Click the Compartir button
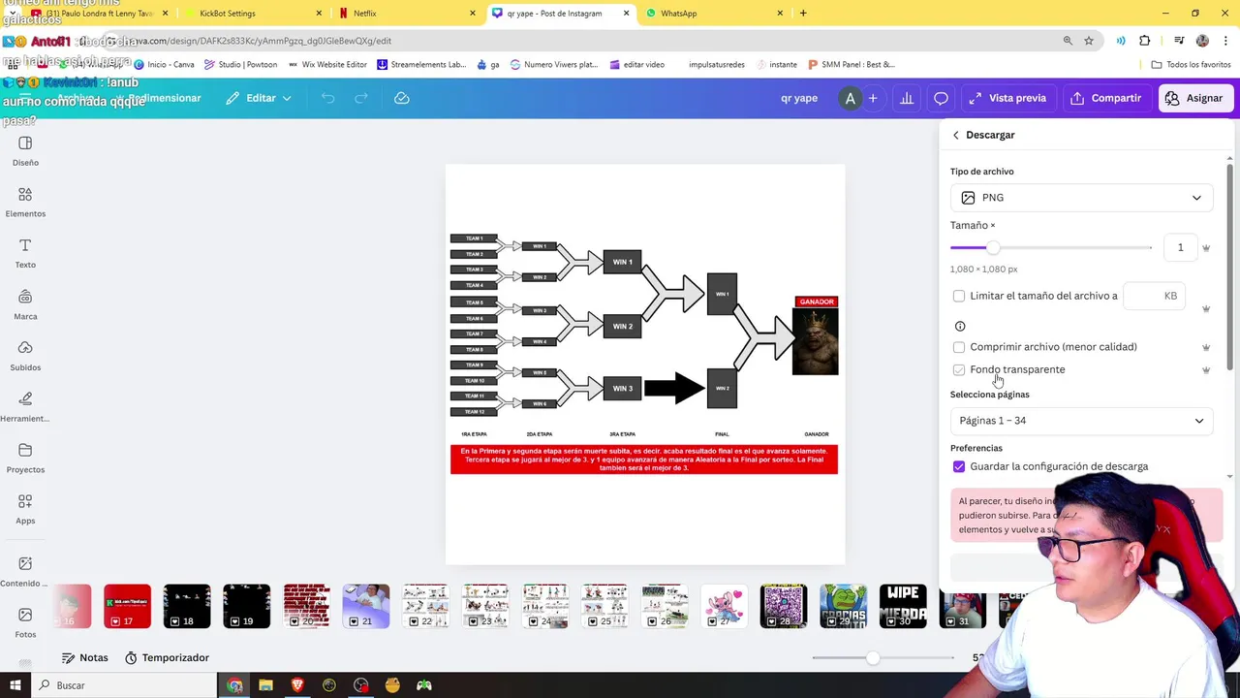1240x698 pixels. tap(1105, 98)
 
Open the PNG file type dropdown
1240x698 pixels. tap(1080, 198)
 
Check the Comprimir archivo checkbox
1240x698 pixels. tap(959, 347)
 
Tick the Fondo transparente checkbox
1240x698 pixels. tap(959, 369)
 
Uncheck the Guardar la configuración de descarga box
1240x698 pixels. tap(959, 466)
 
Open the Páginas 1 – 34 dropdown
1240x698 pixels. tap(1080, 421)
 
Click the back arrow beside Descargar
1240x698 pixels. tap(956, 135)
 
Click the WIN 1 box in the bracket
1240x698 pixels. tap(622, 262)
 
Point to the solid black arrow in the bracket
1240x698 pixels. tap(674, 389)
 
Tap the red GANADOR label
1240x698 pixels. tap(817, 301)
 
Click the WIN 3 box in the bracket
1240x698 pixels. tap(622, 389)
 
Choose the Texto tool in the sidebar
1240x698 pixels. tap(25, 253)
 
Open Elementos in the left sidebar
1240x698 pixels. tap(25, 202)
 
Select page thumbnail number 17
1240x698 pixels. tap(127, 606)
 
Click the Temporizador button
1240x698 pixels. tap(167, 658)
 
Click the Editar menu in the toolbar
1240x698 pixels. tap(259, 98)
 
